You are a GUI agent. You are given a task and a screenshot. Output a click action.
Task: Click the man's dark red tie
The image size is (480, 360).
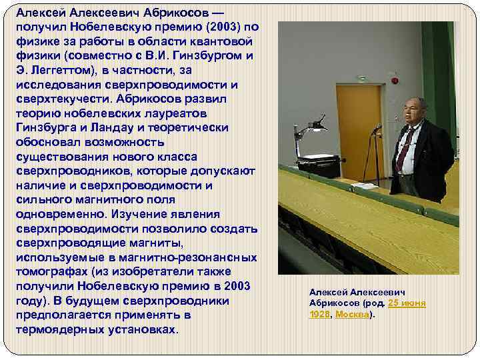point(403,149)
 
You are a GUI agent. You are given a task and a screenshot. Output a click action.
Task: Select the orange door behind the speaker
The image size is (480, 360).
point(361,127)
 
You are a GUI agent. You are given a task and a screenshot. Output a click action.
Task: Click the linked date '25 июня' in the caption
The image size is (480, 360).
point(405,303)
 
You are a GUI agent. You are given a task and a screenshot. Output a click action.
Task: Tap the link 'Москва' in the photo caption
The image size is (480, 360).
point(352,314)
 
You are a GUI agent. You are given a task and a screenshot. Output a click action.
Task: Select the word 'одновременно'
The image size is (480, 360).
point(58,213)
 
